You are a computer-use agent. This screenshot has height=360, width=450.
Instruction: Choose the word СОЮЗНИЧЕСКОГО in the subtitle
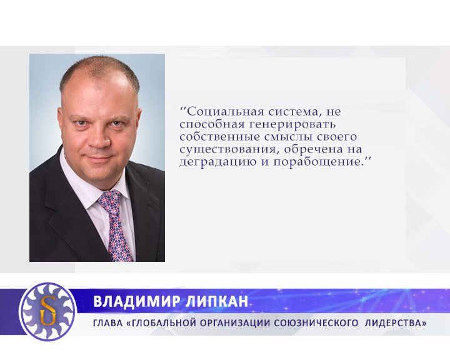(323, 323)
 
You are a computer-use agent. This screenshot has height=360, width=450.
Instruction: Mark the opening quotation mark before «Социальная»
(182, 109)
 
